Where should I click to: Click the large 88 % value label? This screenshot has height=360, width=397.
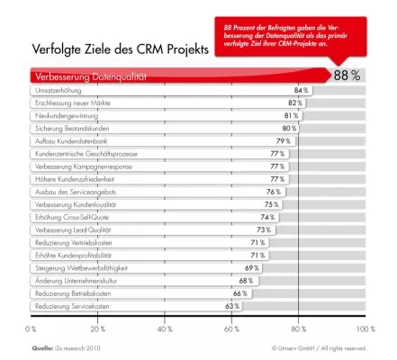(347, 75)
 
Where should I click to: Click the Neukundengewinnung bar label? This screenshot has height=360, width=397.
(66, 116)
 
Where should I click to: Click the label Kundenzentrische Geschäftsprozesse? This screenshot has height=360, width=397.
(86, 154)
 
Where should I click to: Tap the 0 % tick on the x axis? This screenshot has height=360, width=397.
(32, 328)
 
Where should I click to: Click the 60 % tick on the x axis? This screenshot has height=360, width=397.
(231, 328)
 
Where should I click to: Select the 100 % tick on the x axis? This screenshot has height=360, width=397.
(365, 328)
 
